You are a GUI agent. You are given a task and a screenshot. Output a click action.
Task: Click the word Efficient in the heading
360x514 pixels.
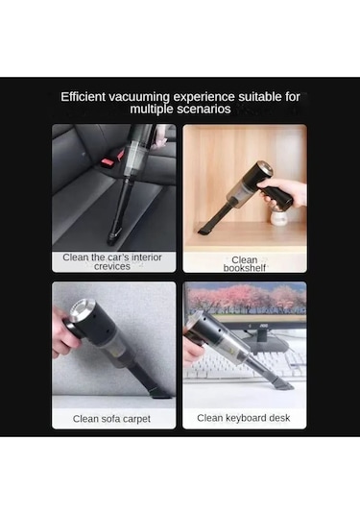click(83, 97)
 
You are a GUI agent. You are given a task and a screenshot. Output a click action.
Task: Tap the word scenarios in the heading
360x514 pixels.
click(205, 110)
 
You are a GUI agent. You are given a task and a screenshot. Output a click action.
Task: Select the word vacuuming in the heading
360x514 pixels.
click(139, 97)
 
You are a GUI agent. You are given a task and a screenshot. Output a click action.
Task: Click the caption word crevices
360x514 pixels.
click(112, 266)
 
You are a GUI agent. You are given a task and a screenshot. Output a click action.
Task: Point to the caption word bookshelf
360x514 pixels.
click(245, 268)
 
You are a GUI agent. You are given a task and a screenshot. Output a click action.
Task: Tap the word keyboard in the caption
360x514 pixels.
click(236, 418)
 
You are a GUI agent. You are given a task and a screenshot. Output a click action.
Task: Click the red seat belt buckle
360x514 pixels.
click(110, 160)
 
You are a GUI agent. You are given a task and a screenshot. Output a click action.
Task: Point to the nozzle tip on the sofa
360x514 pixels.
click(160, 393)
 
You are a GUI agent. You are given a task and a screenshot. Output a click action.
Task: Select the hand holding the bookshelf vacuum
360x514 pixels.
click(284, 193)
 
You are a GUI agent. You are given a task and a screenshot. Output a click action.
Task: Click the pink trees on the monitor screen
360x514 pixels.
click(246, 297)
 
